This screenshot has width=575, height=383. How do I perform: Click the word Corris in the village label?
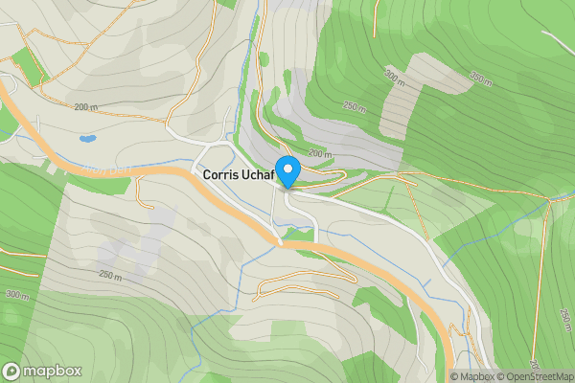[x=221, y=176]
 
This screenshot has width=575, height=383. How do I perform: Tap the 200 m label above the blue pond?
[x=86, y=107]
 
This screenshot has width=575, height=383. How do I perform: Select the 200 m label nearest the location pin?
[x=319, y=154]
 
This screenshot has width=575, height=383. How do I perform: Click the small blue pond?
[x=86, y=139]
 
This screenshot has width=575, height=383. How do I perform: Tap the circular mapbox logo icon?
[x=12, y=371]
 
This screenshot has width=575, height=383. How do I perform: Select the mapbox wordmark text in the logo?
[x=53, y=372]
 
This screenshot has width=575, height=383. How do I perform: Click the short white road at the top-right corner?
[x=559, y=42]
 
